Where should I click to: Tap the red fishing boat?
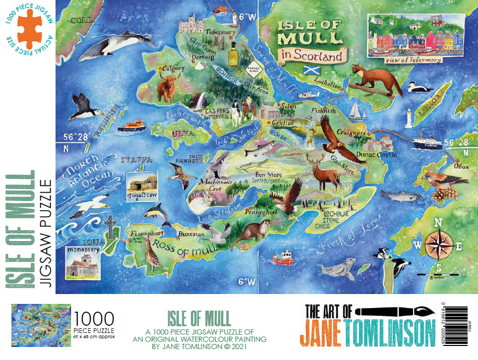pos(283,258)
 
